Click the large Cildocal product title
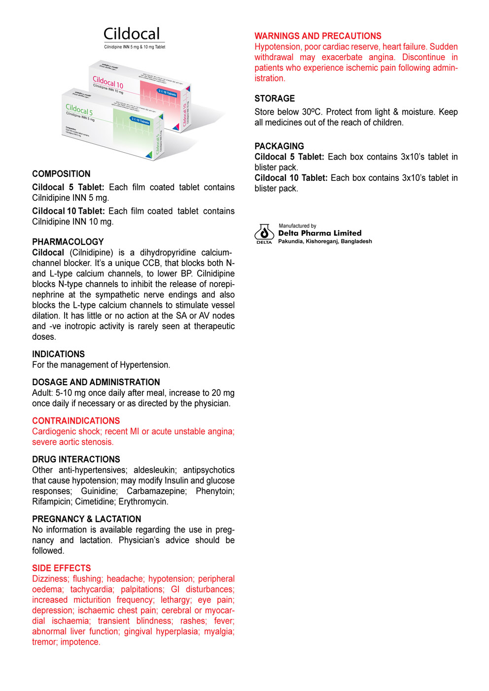[x=132, y=34]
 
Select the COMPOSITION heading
[x=61, y=174]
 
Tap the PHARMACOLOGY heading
[x=68, y=242]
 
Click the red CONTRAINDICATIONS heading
[x=76, y=421]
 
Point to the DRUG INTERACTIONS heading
[x=76, y=459]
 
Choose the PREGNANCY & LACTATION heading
[x=86, y=519]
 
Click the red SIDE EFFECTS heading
[x=62, y=568]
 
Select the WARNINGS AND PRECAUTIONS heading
[x=318, y=36]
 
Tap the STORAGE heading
[x=275, y=99]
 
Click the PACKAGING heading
[x=279, y=146]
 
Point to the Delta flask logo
[x=264, y=232]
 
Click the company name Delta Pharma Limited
[x=319, y=233]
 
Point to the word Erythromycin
[x=143, y=502]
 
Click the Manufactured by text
[x=297, y=226]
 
